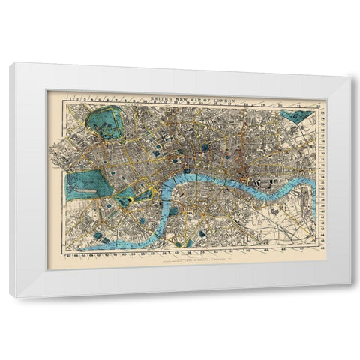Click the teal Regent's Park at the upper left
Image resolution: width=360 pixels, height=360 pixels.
(106, 124)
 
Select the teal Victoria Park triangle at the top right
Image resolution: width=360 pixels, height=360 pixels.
(297, 116)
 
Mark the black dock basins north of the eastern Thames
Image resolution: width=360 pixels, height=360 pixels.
(266, 181)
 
